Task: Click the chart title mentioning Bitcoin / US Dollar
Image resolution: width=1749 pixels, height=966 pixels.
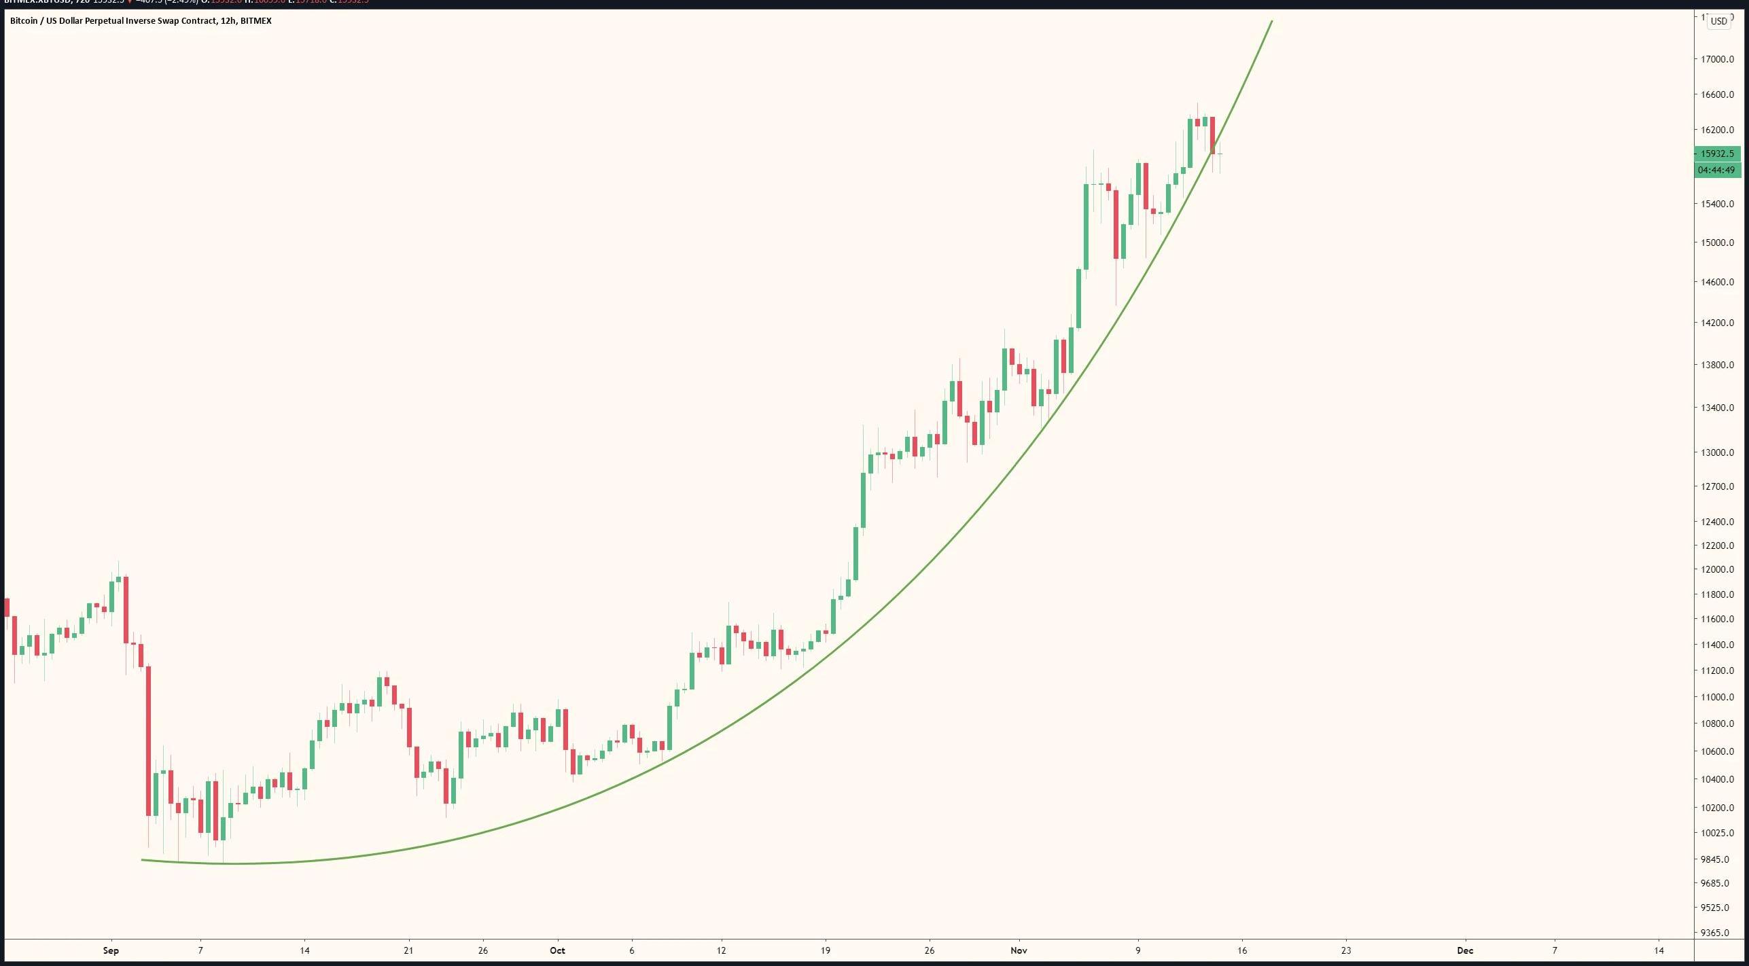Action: coord(141,21)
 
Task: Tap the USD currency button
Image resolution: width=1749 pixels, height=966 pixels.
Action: coord(1718,21)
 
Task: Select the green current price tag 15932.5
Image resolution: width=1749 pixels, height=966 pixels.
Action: coord(1717,154)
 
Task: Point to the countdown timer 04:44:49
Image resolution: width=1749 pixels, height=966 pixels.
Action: coord(1717,170)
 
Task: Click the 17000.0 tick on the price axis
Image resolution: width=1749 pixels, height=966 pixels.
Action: coord(1717,59)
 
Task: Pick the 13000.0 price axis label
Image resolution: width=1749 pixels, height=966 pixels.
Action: coord(1717,452)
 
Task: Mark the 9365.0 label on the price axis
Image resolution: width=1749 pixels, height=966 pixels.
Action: coord(1717,933)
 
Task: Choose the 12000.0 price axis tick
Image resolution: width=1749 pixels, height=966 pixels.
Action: coord(1717,569)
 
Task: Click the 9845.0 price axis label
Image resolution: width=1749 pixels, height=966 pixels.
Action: coord(1717,859)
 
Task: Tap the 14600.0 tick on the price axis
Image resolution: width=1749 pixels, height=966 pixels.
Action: coord(1717,282)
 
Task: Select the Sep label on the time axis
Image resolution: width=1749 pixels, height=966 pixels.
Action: coord(111,950)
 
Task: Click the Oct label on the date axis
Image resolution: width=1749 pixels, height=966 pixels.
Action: coord(557,950)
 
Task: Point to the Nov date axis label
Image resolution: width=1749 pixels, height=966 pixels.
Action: coord(1019,950)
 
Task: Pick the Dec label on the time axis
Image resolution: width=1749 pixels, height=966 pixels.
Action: coord(1465,950)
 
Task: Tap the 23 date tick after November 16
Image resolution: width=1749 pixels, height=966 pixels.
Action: coord(1346,950)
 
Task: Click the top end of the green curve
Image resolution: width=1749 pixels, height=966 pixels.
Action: coord(1271,22)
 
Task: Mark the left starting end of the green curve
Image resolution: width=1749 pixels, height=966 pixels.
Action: coord(143,860)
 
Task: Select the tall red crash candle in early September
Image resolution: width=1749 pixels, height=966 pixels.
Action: coord(148,740)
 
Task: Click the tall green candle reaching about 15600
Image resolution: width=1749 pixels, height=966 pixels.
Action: coord(1086,226)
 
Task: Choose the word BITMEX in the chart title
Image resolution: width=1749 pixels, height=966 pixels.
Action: coord(256,21)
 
